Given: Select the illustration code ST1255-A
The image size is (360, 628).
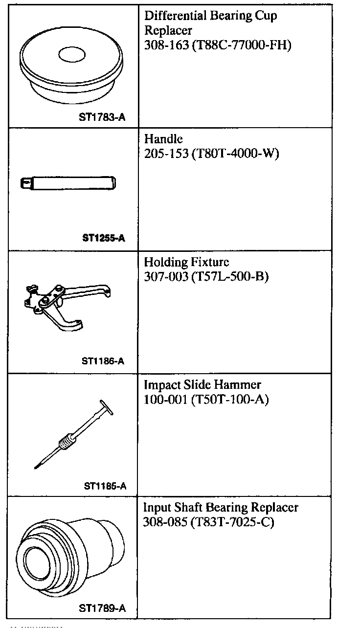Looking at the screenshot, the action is tap(104, 238).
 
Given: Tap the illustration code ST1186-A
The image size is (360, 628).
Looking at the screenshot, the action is tap(104, 361).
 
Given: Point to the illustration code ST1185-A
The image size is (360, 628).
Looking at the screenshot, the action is tap(105, 486).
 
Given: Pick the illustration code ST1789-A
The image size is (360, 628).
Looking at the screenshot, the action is tap(102, 609).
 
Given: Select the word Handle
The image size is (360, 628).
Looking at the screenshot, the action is tap(163, 140).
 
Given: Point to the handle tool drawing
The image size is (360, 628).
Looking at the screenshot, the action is tap(68, 183).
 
